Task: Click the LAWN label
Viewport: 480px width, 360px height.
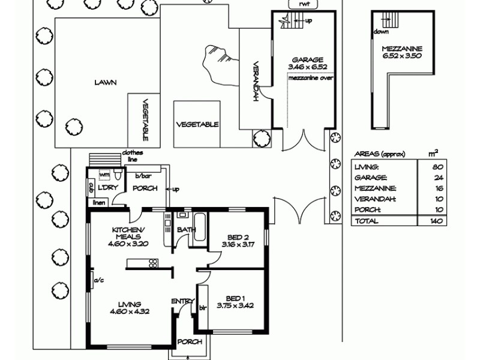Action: [x=104, y=83]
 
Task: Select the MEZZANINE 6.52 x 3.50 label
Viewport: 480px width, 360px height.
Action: [x=402, y=52]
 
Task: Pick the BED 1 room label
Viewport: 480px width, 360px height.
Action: [x=235, y=298]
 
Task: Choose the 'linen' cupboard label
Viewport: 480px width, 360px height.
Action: [x=98, y=203]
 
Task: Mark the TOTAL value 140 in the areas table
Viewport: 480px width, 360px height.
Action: [x=436, y=221]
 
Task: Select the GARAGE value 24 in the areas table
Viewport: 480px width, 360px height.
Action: [x=438, y=178]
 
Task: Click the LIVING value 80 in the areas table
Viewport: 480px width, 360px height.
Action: [x=438, y=167]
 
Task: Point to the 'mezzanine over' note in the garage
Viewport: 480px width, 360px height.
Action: [x=311, y=78]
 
